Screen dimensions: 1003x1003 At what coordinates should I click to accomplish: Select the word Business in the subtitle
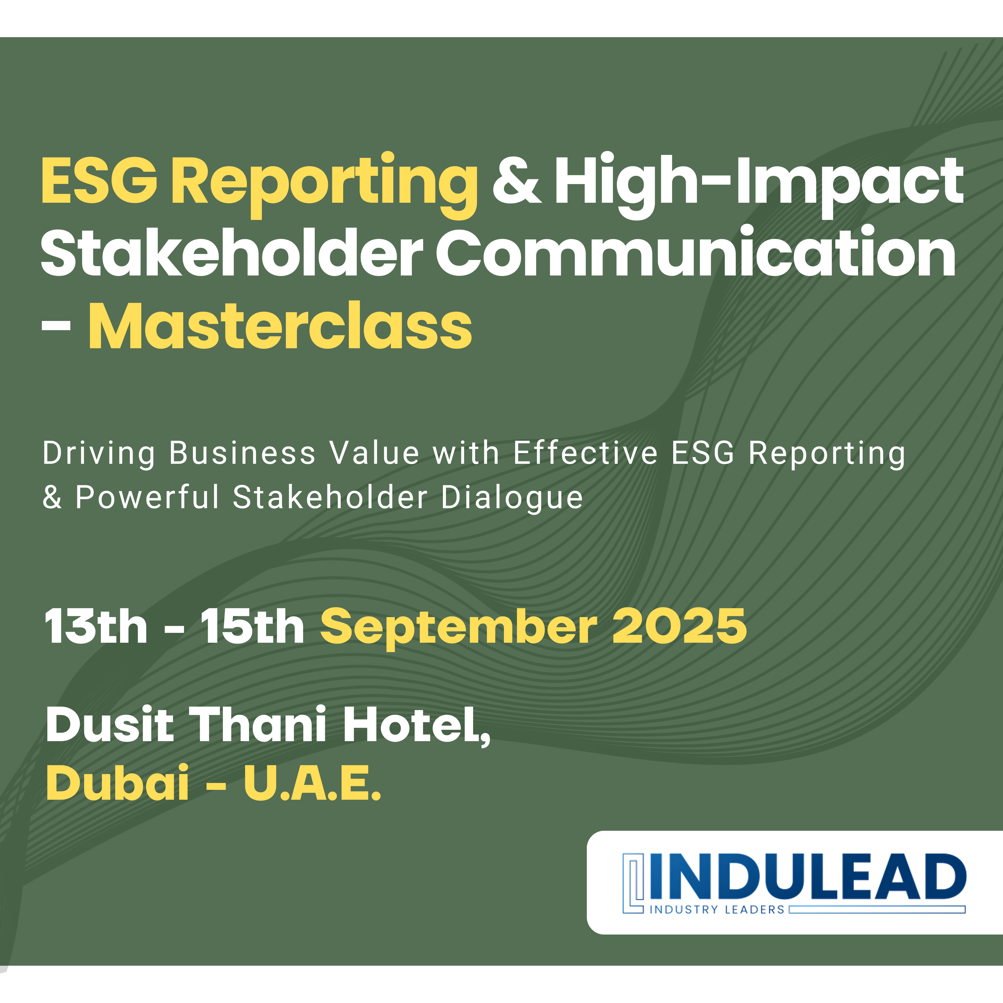point(242,453)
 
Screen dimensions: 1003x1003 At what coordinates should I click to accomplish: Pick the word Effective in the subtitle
point(585,453)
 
